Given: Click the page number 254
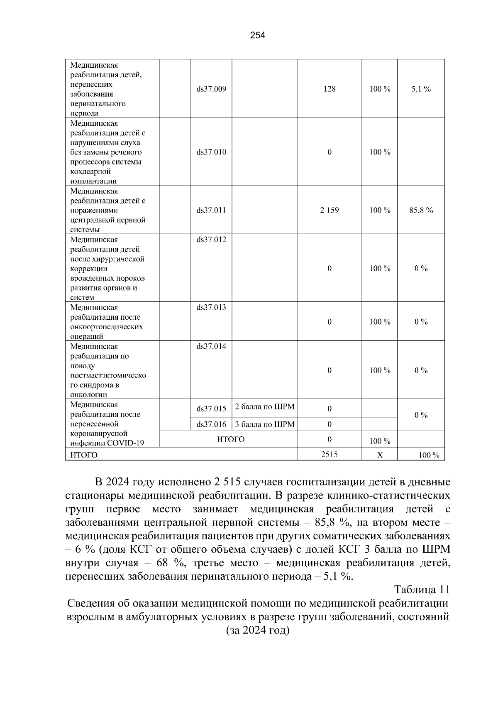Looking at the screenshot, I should (257, 35).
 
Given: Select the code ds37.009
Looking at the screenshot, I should (211, 89).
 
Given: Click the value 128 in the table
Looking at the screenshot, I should (329, 89).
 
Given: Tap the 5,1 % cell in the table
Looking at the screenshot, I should (421, 89).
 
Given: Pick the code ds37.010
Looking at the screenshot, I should (211, 152).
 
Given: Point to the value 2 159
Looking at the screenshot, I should (329, 210).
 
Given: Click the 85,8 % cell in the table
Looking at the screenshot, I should (421, 210).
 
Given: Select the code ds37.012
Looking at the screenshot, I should (211, 240).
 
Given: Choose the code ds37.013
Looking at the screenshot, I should (211, 308).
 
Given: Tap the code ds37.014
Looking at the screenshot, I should (211, 346).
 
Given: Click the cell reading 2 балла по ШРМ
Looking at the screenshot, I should (264, 407).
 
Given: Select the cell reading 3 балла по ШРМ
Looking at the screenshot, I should (264, 424).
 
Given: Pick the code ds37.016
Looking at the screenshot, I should (211, 424).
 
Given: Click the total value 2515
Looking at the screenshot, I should (329, 454).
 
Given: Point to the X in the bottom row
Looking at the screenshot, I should (379, 455).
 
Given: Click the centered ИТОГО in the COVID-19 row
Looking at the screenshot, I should (231, 439).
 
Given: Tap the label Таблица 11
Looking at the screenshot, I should (422, 590).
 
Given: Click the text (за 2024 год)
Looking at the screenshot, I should (257, 630).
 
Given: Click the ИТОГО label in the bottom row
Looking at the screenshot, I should (84, 455).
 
